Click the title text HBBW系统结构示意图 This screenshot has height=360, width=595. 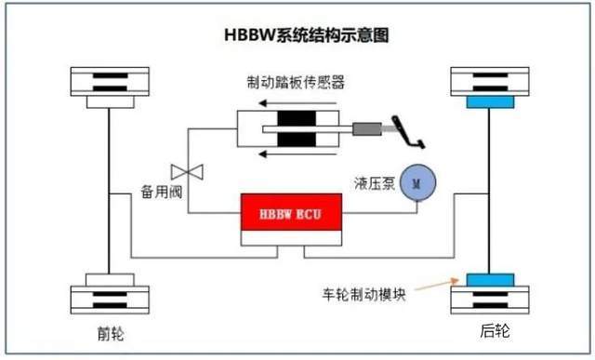(306, 35)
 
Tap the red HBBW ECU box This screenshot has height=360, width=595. (291, 214)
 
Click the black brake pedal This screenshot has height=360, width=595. (410, 130)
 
